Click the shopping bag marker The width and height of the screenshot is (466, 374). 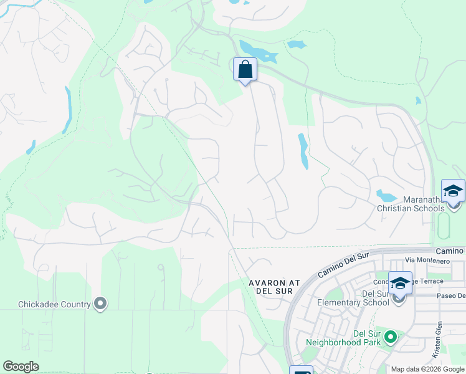tap(245, 70)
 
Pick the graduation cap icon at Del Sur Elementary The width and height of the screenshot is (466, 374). tap(400, 284)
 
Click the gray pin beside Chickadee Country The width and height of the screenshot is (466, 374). tap(100, 304)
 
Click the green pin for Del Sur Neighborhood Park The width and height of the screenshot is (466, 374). tap(391, 337)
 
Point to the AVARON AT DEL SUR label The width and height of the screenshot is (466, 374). tap(275, 287)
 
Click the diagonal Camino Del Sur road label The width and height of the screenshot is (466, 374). tap(343, 265)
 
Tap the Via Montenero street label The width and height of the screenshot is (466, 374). tap(427, 260)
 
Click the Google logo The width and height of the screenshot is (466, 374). tap(21, 367)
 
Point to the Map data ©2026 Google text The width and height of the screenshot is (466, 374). tap(427, 369)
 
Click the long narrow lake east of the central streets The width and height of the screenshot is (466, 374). tap(303, 151)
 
